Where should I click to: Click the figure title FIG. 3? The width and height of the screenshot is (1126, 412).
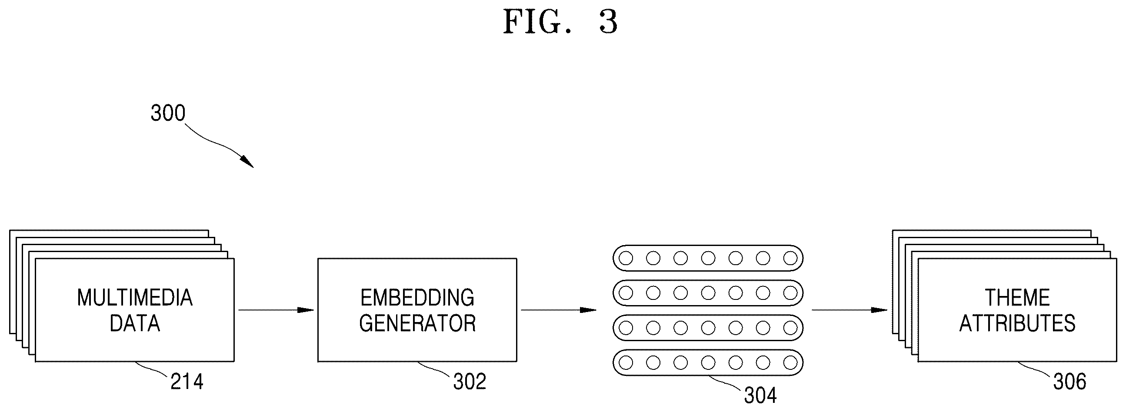(x=560, y=22)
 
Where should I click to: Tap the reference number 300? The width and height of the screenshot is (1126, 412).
(x=168, y=113)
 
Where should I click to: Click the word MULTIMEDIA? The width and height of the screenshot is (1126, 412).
(x=135, y=298)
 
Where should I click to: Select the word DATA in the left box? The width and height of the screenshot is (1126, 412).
(x=135, y=323)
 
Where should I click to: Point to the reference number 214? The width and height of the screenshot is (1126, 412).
(x=187, y=382)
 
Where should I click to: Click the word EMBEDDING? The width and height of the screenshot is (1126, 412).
(x=417, y=298)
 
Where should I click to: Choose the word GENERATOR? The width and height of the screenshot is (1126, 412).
(x=417, y=323)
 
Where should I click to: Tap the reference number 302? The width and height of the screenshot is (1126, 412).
(x=470, y=382)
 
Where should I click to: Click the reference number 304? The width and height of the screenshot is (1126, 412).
(x=760, y=396)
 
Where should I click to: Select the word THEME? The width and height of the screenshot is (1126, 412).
(x=1017, y=298)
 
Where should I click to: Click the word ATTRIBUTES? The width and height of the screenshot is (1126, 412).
(x=1017, y=323)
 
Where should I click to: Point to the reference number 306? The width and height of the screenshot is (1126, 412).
(x=1069, y=382)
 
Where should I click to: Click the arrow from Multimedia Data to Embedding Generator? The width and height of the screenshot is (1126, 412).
(x=276, y=310)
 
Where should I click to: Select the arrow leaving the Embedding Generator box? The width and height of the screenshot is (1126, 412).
(x=559, y=310)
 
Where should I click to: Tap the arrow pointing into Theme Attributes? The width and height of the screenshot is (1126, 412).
(x=850, y=310)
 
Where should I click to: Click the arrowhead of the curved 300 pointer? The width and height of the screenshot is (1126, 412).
(x=247, y=162)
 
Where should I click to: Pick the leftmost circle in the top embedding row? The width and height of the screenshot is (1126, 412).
(x=626, y=258)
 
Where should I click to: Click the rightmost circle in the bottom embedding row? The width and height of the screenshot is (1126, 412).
(x=790, y=362)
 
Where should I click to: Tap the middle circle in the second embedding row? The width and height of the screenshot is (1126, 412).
(x=708, y=293)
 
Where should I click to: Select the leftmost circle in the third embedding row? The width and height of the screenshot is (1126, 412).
(x=626, y=328)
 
